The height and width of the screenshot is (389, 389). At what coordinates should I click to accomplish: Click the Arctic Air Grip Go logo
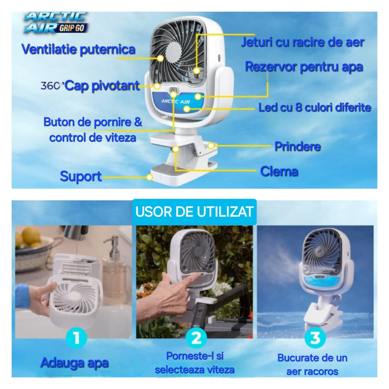(56, 22)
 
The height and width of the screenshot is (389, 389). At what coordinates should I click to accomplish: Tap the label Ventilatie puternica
(78, 49)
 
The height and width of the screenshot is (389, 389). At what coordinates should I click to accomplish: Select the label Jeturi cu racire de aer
(303, 42)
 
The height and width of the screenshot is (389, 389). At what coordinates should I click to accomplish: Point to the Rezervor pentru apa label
(304, 67)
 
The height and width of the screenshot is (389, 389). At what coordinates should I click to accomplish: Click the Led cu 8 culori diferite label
(315, 108)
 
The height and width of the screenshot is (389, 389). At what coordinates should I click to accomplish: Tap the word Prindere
(298, 146)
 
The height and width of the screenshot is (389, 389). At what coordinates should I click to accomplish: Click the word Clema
(279, 171)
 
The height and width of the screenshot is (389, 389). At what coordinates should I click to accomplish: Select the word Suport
(81, 176)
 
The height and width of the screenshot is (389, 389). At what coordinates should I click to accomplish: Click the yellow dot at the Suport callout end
(149, 177)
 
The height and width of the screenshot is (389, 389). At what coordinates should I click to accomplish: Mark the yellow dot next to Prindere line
(211, 145)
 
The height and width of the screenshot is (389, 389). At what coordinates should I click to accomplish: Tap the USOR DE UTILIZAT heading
(194, 212)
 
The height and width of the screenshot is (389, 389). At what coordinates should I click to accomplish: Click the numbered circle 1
(76, 338)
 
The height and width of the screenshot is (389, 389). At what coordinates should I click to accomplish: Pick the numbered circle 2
(196, 338)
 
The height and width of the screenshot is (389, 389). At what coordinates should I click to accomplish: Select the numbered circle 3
(315, 338)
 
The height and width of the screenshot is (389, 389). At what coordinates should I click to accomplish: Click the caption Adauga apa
(74, 363)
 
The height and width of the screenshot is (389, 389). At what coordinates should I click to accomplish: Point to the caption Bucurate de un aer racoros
(312, 365)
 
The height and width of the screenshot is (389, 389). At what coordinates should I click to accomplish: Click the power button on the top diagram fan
(173, 90)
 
